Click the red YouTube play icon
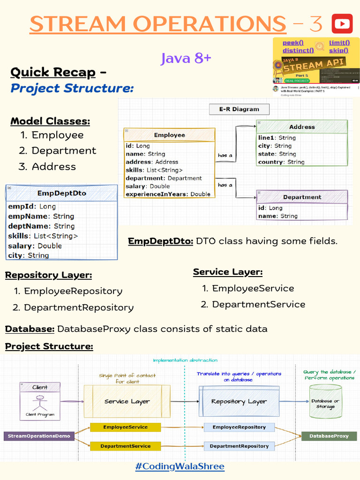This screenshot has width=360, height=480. [x=342, y=23]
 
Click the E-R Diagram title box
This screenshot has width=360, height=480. [x=239, y=109]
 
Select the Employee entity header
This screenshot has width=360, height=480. [x=169, y=135]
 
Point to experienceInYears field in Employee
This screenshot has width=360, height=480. [x=168, y=194]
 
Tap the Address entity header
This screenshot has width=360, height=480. [x=302, y=127]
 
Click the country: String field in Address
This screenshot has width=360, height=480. [x=281, y=162]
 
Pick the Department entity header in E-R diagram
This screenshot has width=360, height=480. [x=302, y=197]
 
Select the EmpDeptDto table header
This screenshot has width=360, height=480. [x=61, y=193]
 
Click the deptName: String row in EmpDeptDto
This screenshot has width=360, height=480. [x=41, y=226]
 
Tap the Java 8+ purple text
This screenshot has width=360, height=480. [x=186, y=59]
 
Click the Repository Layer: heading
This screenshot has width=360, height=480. [x=48, y=275]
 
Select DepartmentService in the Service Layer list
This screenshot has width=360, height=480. [x=258, y=304]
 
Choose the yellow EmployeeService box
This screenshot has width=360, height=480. [x=125, y=427]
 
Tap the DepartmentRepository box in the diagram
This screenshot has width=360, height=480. [x=239, y=446]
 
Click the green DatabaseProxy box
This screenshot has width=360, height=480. [x=329, y=436]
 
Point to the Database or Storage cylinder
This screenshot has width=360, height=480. [x=325, y=403]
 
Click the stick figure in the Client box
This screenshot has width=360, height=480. [x=40, y=403]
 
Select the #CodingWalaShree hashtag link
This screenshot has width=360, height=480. [x=180, y=466]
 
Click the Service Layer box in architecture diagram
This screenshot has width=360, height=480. [x=127, y=401]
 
